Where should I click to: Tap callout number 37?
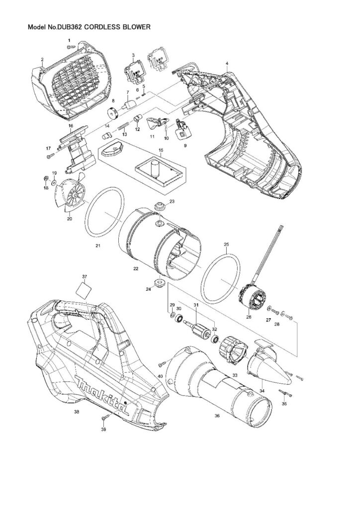[x=85, y=276]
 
